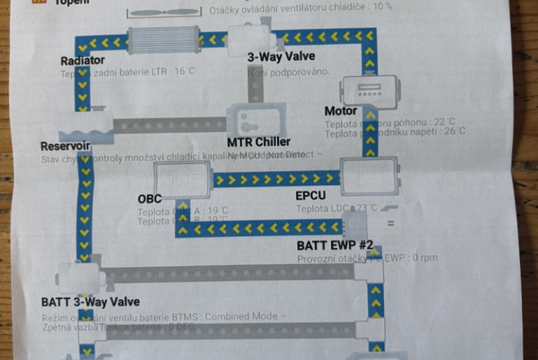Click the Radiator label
click(x=82, y=61)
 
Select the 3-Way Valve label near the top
click(x=281, y=57)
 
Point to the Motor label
click(x=340, y=111)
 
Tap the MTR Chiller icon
click(x=258, y=120)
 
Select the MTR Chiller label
click(x=258, y=142)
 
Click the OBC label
click(x=149, y=199)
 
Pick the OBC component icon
click(x=183, y=180)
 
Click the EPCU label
click(x=311, y=196)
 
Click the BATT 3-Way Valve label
click(x=90, y=302)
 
